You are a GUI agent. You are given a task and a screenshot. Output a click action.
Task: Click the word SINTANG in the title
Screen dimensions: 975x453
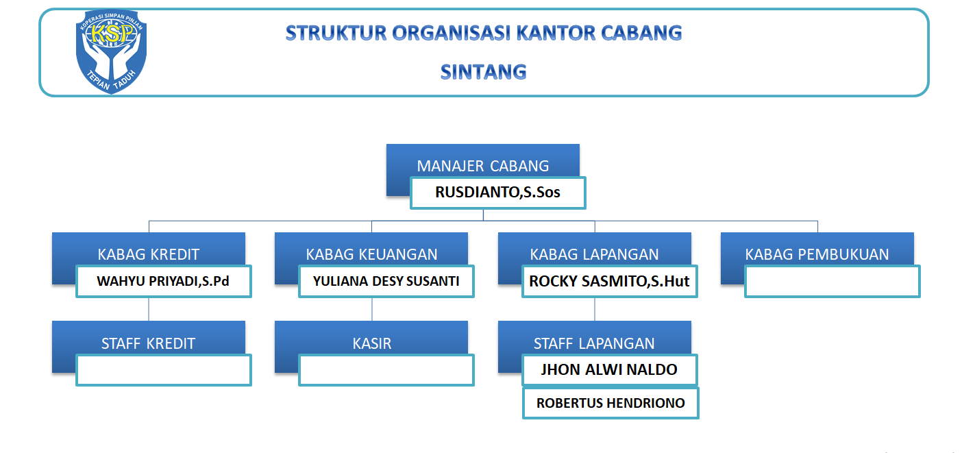pyautogui.click(x=484, y=72)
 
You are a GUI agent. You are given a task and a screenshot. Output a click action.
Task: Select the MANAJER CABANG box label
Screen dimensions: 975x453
pyautogui.click(x=483, y=166)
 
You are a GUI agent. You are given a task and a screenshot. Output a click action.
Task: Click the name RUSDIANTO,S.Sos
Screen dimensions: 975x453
pyautogui.click(x=497, y=193)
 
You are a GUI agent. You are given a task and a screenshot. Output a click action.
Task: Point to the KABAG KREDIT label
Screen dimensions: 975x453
pyautogui.click(x=149, y=254)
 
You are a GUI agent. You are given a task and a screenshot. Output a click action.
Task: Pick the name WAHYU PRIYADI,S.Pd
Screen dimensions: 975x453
pyautogui.click(x=163, y=281)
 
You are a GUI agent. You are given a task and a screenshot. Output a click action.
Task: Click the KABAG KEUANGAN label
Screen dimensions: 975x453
pyautogui.click(x=371, y=254)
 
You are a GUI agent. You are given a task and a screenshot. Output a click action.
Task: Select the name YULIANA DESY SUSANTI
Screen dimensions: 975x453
pyautogui.click(x=386, y=281)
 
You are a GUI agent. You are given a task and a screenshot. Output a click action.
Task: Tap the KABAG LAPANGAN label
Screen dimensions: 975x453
pyautogui.click(x=594, y=254)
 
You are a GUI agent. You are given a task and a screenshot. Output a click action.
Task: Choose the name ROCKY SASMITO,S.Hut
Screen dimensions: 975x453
pyautogui.click(x=609, y=281)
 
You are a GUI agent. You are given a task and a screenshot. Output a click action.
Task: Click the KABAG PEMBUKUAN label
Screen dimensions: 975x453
pyautogui.click(x=817, y=254)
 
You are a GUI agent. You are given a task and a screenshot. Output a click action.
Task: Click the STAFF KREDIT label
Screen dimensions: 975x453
pyautogui.click(x=148, y=343)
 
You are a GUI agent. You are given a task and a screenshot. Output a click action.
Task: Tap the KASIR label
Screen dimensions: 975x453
pyautogui.click(x=372, y=343)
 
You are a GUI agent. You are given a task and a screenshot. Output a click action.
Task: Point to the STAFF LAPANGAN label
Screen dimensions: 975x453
pyautogui.click(x=594, y=343)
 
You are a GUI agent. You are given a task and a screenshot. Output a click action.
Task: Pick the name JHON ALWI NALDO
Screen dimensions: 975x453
pyautogui.click(x=609, y=369)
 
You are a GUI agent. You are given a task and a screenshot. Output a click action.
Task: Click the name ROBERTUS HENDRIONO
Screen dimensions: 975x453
pyautogui.click(x=610, y=403)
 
